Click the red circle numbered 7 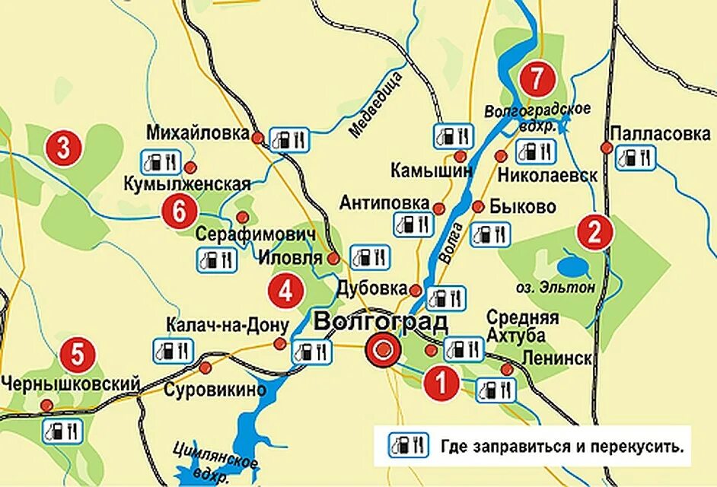point(537,78)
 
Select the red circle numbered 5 point(77,354)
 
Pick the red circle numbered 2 point(594,232)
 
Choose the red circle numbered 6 point(180,212)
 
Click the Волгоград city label point(380,321)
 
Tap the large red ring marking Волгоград point(383,351)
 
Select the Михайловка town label point(199,133)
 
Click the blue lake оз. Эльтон point(572,266)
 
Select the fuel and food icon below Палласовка point(635,158)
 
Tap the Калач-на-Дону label point(228,326)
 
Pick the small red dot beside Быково point(479,207)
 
